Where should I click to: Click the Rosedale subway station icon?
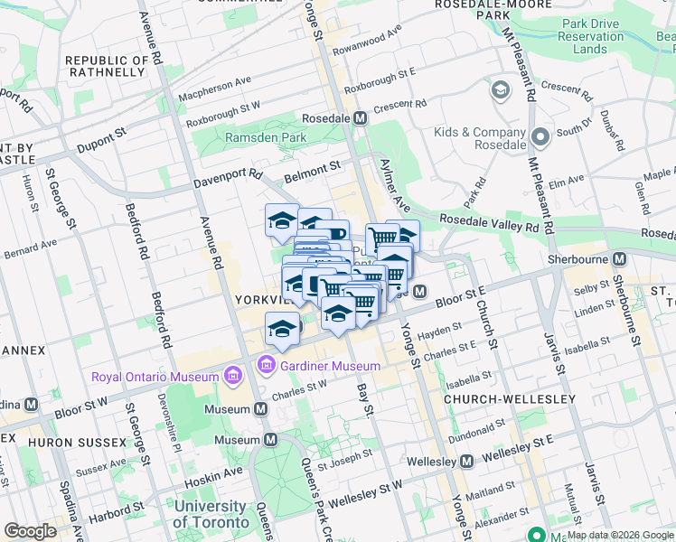[x=361, y=118]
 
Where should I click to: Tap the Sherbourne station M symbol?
[x=619, y=258]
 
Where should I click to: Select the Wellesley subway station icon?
[x=466, y=462]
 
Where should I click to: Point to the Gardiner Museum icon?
[x=266, y=366]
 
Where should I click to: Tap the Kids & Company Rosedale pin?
[x=540, y=138]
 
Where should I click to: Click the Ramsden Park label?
[x=266, y=137]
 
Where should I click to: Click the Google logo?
[x=31, y=530]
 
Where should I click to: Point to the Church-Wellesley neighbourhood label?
[x=510, y=398]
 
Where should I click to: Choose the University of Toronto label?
[x=210, y=514]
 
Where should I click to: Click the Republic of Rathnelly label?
[x=106, y=66]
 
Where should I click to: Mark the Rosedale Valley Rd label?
[x=489, y=223]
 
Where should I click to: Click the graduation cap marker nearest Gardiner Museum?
[x=283, y=329]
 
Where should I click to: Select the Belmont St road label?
[x=312, y=166]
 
